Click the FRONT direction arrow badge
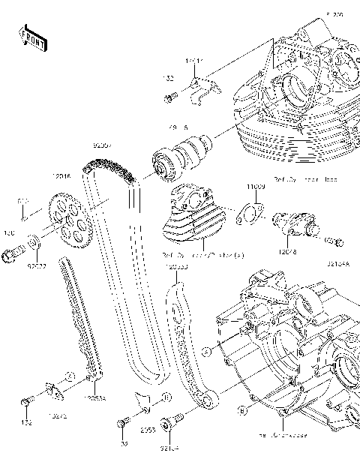pos(32,38)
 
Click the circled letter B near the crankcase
pos(241,410)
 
